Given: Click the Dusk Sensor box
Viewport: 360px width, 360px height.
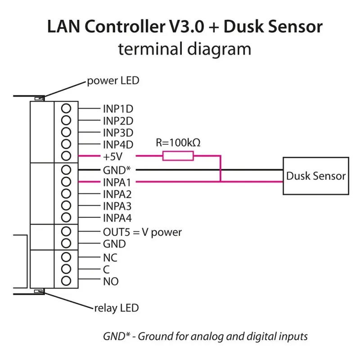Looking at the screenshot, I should pos(315,175).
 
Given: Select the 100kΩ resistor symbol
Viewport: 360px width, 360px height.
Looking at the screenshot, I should pos(178,156).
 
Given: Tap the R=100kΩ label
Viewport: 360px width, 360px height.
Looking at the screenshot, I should pos(178,143).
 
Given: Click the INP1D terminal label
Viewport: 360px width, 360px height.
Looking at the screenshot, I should pos(118,109).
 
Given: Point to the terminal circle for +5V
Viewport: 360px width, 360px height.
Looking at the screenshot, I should pos(66,156).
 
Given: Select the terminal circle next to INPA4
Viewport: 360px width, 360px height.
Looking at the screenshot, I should pos(66,218).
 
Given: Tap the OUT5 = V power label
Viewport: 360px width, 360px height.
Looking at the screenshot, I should pos(142,232).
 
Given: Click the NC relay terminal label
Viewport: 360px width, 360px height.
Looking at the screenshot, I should pos(110,258).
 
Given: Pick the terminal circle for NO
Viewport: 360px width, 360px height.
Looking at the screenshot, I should pos(66,281).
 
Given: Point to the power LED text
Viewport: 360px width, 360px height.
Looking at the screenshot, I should pos(113,81).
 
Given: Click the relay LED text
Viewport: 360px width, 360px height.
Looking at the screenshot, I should pos(116,308).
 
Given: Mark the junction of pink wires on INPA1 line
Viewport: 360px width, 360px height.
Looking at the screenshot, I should pos(220,182).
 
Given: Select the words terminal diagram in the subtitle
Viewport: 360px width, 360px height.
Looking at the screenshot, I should pos(184,49).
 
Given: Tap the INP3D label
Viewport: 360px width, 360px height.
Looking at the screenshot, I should pos(118,133).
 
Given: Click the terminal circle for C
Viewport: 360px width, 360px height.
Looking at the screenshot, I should pos(66,270).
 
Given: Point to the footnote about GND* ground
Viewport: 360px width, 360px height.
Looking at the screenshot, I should pos(205,336).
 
